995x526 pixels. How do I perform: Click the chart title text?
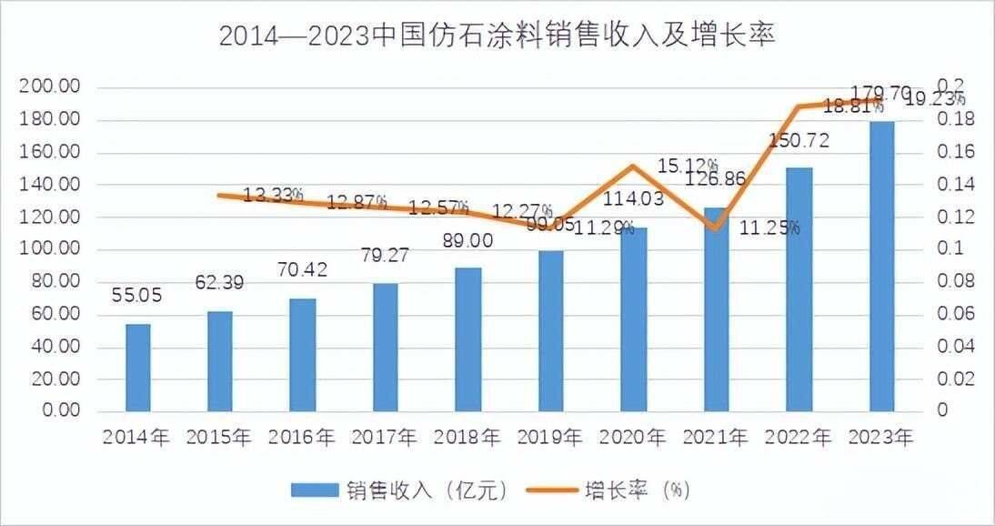click(x=497, y=35)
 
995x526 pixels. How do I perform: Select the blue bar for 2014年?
click(x=138, y=367)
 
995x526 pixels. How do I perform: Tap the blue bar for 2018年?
click(x=467, y=339)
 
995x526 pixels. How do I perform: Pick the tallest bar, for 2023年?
click(x=881, y=266)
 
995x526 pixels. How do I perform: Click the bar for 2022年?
click(x=799, y=288)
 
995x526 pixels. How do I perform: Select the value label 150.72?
click(x=798, y=140)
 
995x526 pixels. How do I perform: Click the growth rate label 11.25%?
click(x=769, y=228)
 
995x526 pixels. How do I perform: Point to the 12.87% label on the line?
click(x=357, y=202)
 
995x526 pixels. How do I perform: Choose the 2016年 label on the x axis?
click(x=302, y=438)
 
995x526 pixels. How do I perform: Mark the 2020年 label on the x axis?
click(x=633, y=438)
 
